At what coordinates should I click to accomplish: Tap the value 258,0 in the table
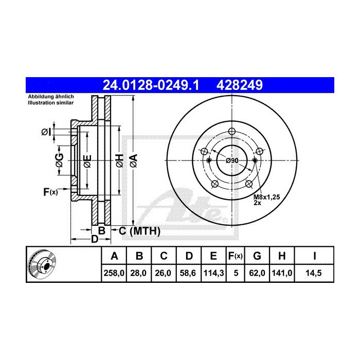(114, 274)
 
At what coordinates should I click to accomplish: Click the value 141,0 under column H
(283, 274)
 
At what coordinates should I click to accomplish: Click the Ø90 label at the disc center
(232, 161)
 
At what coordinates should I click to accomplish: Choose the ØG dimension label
(60, 161)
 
